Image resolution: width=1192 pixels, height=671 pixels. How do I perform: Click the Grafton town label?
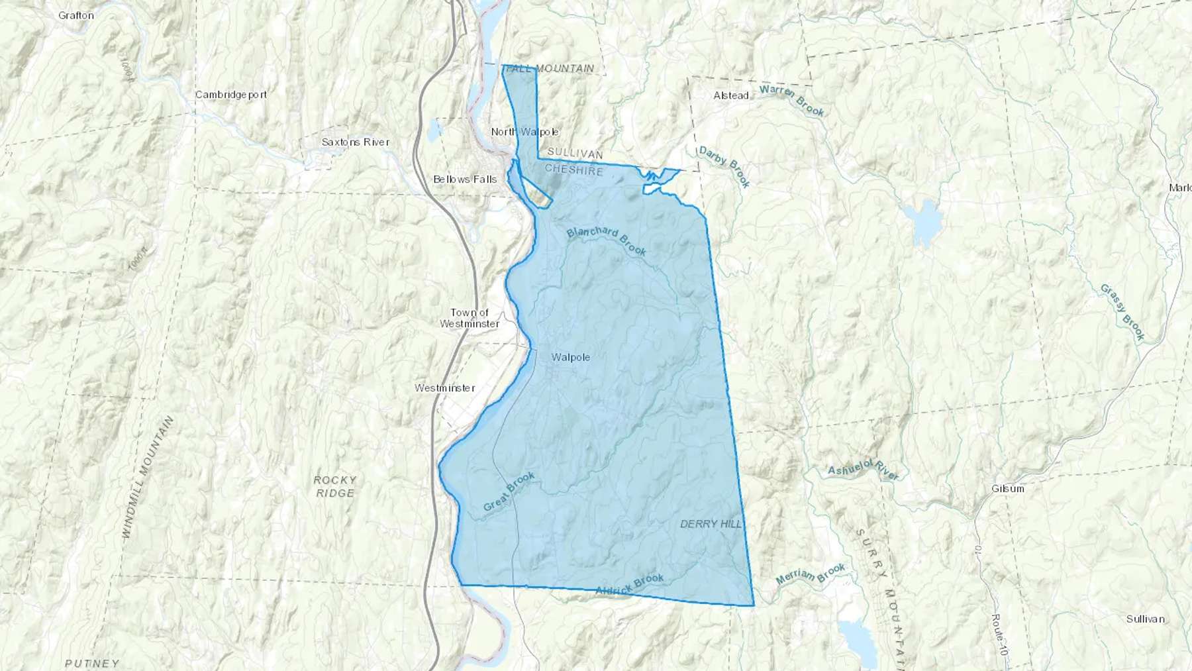[x=76, y=15]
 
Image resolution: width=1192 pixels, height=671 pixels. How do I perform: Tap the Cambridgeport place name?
[x=231, y=95]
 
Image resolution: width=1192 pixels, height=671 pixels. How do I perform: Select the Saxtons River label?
[x=356, y=142]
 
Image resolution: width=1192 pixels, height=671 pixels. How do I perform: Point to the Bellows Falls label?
[x=465, y=180]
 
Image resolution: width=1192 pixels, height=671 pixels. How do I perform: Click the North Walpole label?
[x=524, y=132]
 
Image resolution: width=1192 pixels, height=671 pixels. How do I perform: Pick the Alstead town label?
[x=731, y=95]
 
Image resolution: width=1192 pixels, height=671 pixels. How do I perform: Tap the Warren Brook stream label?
[x=792, y=101]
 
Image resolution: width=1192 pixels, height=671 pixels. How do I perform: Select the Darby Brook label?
[x=724, y=167]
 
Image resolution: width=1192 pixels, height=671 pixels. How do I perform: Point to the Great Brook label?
[x=509, y=491]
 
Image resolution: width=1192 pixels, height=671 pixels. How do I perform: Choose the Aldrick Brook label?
[x=629, y=584]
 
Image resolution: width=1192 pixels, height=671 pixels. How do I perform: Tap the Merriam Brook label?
[x=811, y=574]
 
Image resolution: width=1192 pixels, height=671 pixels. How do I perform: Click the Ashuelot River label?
[x=864, y=470]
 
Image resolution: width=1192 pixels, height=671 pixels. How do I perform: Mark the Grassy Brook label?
[x=1122, y=312]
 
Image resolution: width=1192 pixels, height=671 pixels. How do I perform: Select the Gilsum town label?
[x=1008, y=489]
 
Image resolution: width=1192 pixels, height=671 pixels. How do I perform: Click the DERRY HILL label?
[x=711, y=524]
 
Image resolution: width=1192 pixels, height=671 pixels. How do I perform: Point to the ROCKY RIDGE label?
[x=335, y=486]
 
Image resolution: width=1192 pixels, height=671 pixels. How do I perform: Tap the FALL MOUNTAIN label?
[x=549, y=68]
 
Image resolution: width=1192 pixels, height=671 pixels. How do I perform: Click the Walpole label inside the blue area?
[x=571, y=358]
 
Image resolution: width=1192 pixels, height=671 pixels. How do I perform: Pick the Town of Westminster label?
[x=470, y=318]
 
